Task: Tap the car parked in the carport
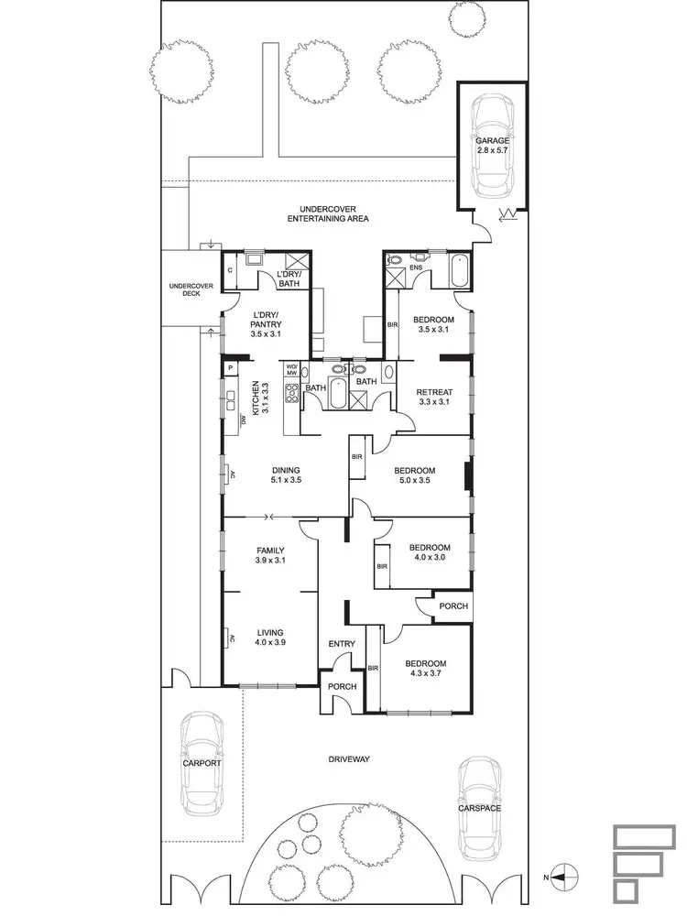(202, 763)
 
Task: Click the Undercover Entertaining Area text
(327, 214)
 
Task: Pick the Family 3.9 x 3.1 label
(271, 555)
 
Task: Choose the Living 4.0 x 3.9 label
(270, 638)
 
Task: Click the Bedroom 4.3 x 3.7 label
(424, 670)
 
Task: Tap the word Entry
(341, 644)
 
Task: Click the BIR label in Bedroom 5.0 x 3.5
(356, 455)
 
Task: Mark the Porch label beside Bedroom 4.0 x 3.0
(453, 605)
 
